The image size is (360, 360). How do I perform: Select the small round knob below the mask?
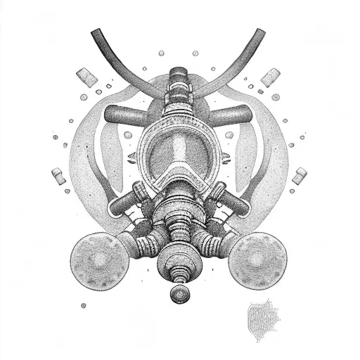pos(181,290)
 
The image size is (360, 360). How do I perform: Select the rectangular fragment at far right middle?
pos(297,172)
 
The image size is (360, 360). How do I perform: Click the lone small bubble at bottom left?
pos(84,305)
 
